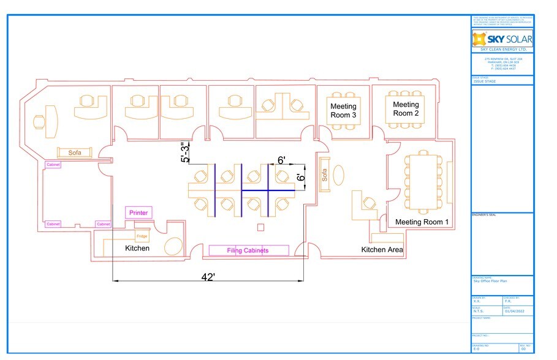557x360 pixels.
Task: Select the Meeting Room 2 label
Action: (x=406, y=109)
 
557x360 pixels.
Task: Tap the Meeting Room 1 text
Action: (x=422, y=222)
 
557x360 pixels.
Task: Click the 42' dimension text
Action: (x=208, y=277)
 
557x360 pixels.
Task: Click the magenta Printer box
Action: (x=138, y=213)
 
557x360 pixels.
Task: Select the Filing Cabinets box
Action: (x=248, y=250)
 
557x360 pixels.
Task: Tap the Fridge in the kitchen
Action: (x=142, y=236)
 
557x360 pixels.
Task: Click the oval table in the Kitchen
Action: (x=175, y=246)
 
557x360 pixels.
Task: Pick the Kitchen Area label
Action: (x=382, y=250)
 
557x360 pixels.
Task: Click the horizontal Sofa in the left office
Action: (x=75, y=153)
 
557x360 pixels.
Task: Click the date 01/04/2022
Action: (x=512, y=311)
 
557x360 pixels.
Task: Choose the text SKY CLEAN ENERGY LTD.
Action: (x=502, y=50)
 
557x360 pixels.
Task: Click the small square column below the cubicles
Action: (x=260, y=228)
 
